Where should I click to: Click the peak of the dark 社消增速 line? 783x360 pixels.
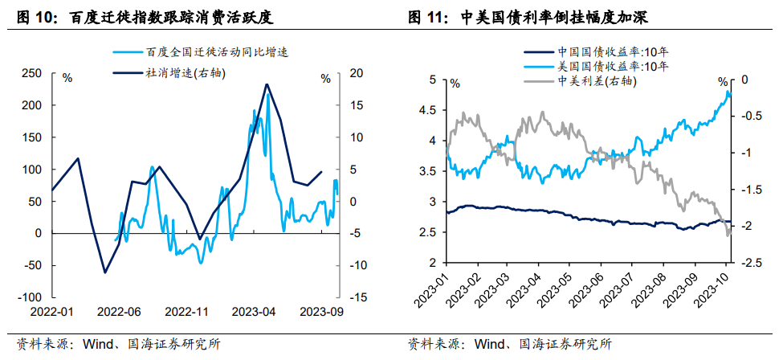[x=267, y=84]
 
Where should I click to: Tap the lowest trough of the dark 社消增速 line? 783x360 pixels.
[x=104, y=272]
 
